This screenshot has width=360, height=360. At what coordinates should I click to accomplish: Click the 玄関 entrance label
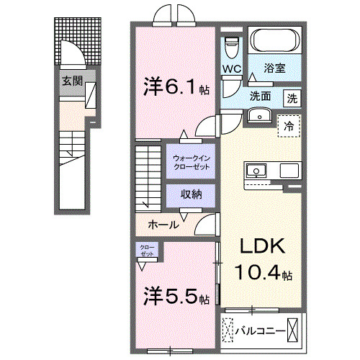(71, 81)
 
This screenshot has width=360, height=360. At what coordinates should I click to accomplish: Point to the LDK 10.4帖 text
(263, 259)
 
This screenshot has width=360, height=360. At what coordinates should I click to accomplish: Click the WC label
(231, 69)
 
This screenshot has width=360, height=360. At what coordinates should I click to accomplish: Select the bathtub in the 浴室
(274, 40)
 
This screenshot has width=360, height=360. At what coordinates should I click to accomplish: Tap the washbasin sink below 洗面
(258, 115)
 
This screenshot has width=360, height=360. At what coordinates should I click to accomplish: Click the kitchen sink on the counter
(256, 171)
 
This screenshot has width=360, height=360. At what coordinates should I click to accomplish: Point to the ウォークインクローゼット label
(191, 162)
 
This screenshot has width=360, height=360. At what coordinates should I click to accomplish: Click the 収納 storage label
(190, 194)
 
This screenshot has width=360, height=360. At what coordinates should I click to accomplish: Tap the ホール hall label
(163, 225)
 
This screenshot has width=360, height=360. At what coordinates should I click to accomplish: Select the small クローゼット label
(147, 252)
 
